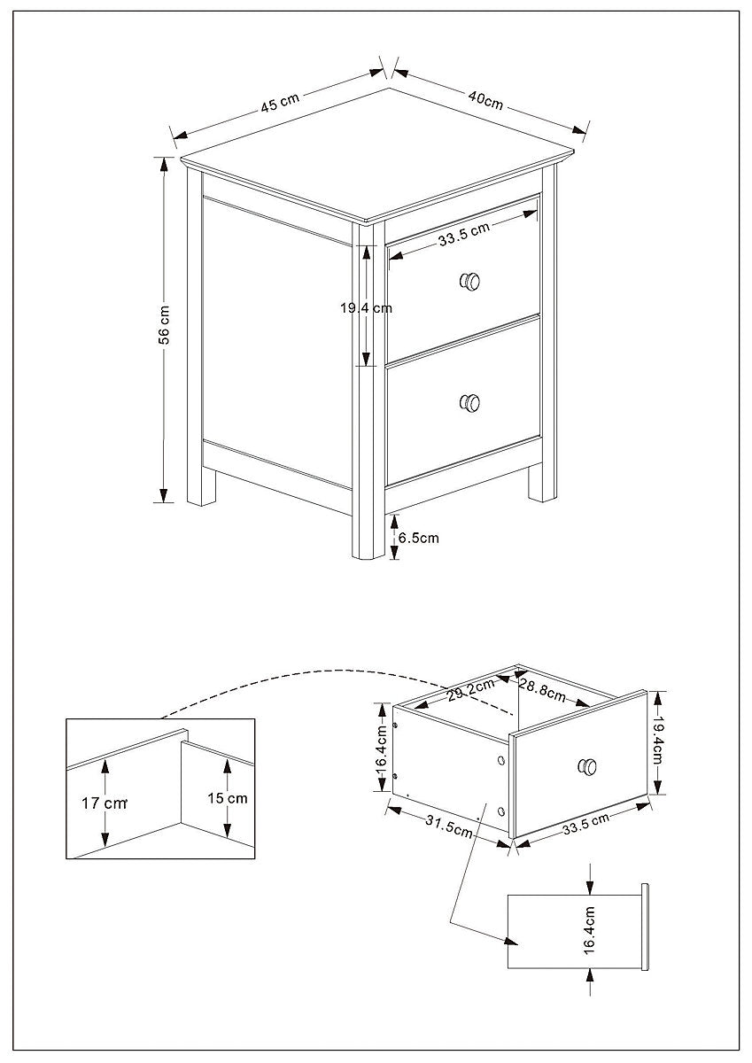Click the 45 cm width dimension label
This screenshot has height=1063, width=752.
coord(280,103)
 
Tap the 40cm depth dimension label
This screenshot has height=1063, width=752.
coord(485,100)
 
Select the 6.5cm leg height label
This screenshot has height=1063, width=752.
coord(417,537)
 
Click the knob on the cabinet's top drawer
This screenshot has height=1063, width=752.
coord(469,282)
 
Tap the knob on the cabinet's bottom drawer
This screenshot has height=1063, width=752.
coord(469,403)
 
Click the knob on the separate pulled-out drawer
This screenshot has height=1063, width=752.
coord(586,766)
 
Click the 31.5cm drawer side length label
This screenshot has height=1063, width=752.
coord(448,825)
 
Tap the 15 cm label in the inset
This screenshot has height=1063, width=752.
coord(227,797)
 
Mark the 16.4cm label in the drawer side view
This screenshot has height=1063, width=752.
coord(589,929)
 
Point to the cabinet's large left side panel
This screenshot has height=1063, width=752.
coord(276,341)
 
